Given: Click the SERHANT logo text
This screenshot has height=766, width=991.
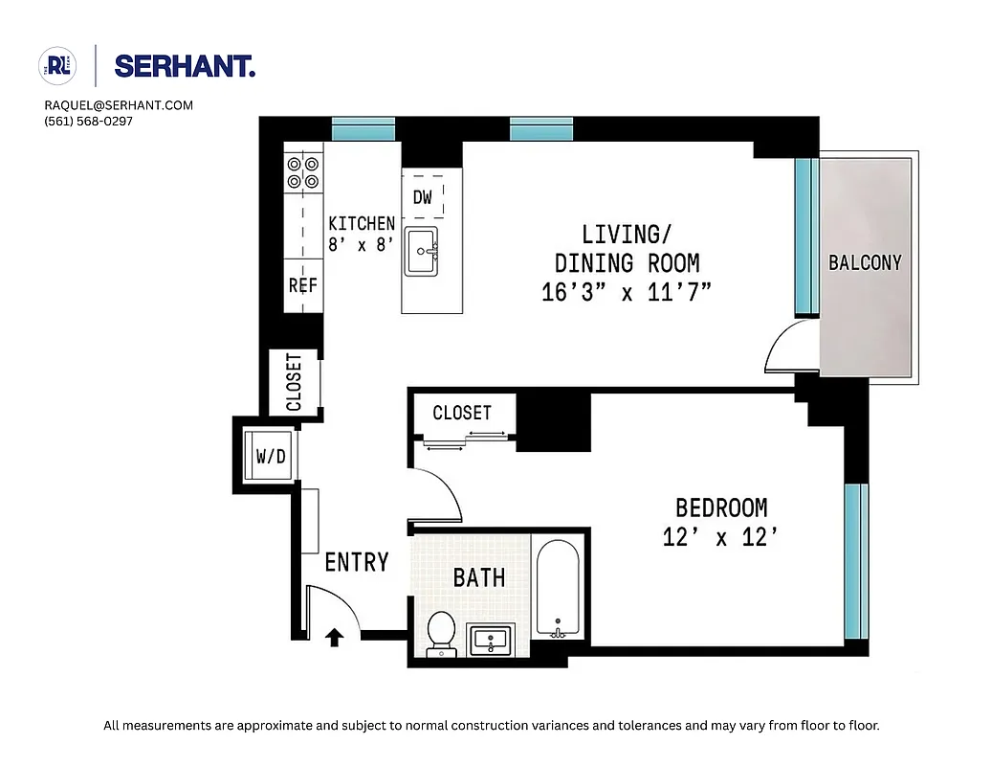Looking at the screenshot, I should click(184, 66).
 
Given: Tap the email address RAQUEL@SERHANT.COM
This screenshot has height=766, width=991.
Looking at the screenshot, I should click(119, 105).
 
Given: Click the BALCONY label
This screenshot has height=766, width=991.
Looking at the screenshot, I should click(865, 262).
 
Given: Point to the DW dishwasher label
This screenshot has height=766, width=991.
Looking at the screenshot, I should click(423, 198).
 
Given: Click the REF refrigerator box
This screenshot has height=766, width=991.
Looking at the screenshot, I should click(302, 285).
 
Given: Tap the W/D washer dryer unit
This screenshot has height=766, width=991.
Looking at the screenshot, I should click(270, 457).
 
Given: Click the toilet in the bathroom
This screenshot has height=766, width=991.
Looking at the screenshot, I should click(441, 633).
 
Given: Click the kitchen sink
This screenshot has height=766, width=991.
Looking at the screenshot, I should click(421, 252).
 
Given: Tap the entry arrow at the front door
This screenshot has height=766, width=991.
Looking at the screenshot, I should click(335, 637).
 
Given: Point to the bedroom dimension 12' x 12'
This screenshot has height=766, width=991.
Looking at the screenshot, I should click(717, 538).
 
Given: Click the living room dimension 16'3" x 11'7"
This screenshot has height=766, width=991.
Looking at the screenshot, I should click(627, 292).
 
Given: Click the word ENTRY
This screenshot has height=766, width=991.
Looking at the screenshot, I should click(356, 562).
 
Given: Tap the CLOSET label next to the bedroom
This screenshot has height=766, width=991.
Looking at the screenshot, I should click(462, 413).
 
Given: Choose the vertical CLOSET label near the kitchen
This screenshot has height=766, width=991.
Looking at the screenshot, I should click(294, 382).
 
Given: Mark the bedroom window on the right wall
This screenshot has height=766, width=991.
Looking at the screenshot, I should click(856, 561).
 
